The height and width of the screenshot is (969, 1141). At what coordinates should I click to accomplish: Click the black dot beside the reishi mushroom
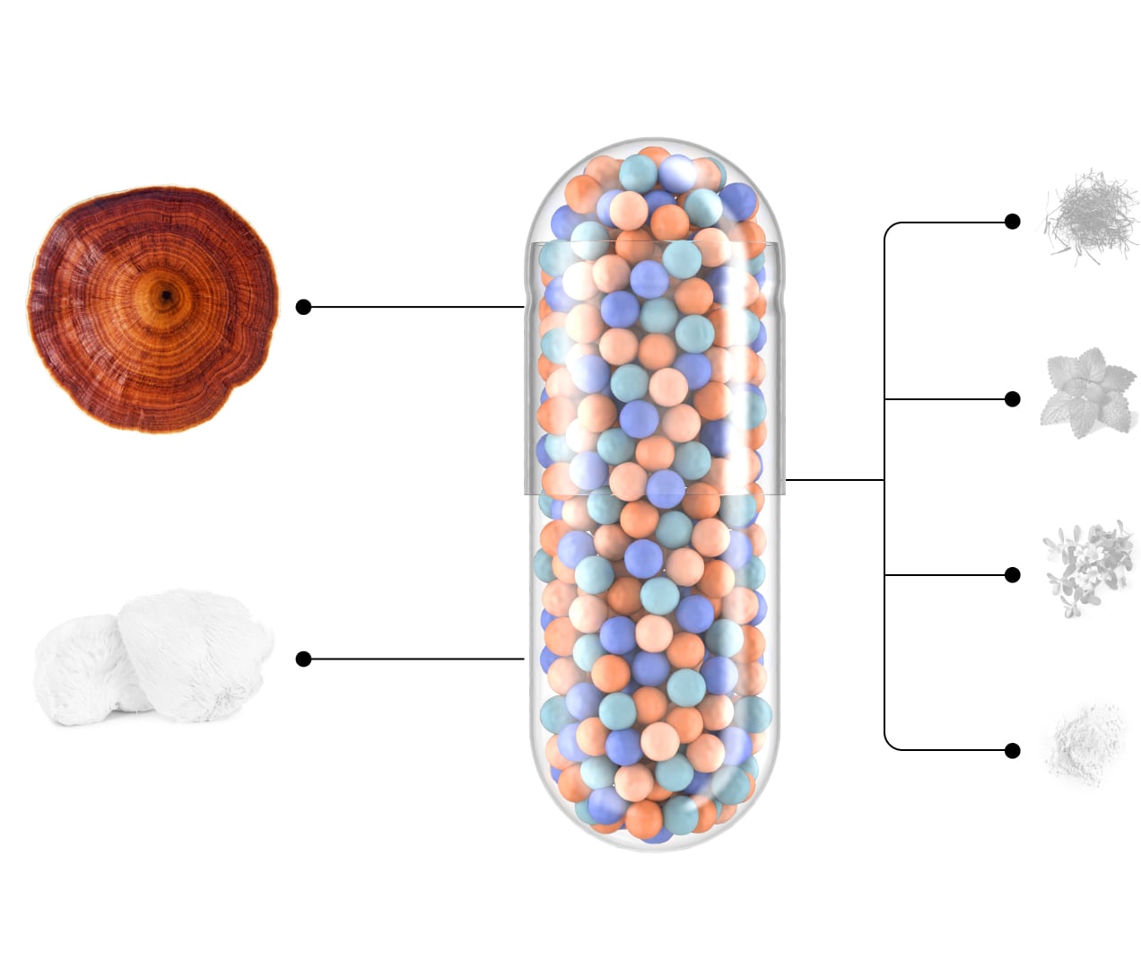coord(303,307)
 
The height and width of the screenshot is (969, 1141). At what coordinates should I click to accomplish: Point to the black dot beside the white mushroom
coord(303,659)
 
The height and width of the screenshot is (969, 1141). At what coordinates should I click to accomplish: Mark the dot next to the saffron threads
coord(1013,222)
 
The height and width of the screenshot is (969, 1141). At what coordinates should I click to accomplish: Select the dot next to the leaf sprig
coord(1013,398)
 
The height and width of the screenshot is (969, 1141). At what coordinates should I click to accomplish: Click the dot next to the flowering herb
coord(1013,574)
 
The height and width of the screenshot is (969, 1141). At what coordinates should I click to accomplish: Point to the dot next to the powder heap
coord(1013,750)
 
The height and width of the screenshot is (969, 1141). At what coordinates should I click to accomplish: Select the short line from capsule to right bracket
coord(834,480)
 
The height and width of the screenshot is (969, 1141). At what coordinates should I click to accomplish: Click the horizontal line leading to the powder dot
coord(951,750)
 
